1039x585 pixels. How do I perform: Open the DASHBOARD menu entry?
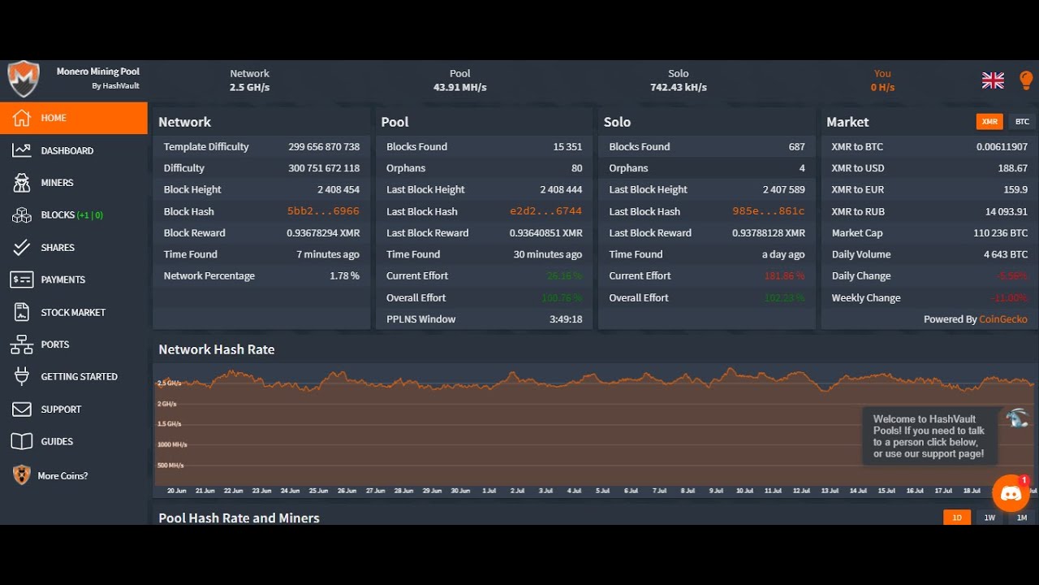coord(67,150)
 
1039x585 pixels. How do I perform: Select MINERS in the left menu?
coord(57,183)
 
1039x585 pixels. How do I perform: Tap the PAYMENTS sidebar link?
coord(63,279)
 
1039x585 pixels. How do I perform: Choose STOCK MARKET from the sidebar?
coord(73,312)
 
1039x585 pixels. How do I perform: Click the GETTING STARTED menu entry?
coord(79,376)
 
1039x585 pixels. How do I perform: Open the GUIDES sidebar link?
coord(57,441)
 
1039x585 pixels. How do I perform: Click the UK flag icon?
coord(993,80)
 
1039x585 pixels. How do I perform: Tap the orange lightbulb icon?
coord(1026,80)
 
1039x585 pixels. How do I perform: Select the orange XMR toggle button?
coord(989,122)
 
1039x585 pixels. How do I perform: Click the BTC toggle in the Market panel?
coord(1022,122)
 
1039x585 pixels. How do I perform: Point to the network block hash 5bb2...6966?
coord(323,211)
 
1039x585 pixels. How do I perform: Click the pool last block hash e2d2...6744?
coord(545,211)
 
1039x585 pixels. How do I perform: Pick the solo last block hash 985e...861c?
coord(768,211)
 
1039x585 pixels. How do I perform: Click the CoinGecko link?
coord(1002,319)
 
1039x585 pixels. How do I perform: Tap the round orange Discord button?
coord(1011,493)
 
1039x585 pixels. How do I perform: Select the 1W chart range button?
coord(989,518)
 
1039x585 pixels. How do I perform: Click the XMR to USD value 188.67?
coord(1012,168)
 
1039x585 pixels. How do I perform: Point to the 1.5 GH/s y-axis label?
coord(170,424)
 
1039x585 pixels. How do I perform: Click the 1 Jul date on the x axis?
coord(489,491)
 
